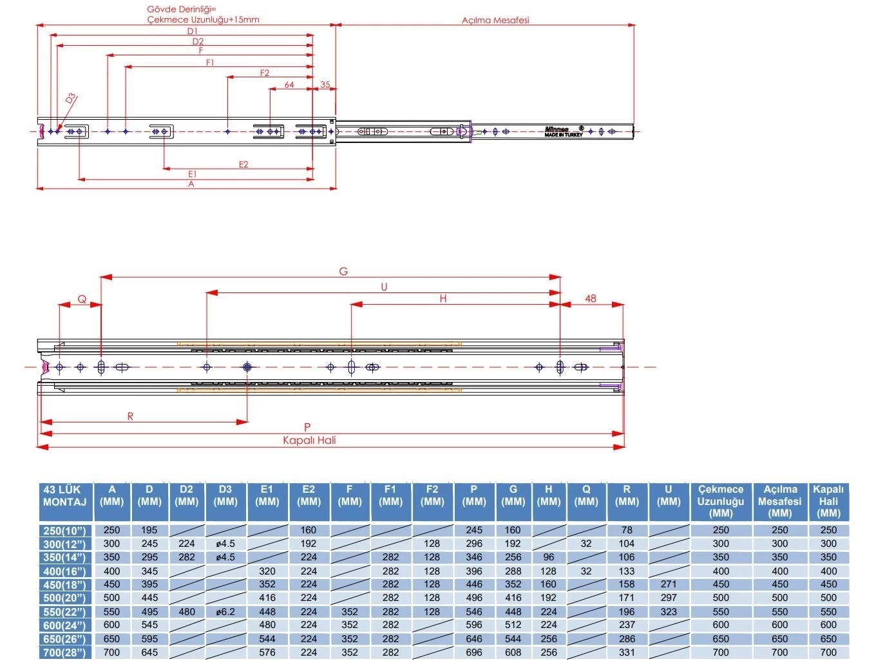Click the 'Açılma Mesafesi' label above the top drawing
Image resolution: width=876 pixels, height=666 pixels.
(495, 20)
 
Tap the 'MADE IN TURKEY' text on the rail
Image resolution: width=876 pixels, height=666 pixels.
(564, 135)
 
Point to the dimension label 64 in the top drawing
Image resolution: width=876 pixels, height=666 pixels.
(289, 84)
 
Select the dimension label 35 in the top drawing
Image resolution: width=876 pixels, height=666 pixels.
(325, 84)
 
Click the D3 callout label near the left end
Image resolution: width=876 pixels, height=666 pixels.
(70, 98)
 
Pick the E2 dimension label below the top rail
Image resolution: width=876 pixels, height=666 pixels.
(243, 164)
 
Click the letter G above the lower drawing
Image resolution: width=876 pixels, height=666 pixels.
(343, 271)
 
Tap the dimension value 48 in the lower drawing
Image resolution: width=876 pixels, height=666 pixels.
(590, 298)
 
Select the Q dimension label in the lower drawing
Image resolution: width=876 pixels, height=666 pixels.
(82, 300)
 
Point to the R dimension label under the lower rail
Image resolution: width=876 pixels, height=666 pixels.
(130, 416)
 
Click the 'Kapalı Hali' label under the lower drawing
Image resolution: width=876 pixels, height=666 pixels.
(309, 440)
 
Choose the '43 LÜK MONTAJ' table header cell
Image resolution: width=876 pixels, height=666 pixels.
(64, 496)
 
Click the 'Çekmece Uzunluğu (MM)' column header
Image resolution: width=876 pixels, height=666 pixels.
(720, 501)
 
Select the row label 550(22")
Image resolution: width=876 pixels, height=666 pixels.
(64, 612)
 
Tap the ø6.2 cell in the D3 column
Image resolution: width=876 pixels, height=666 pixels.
(225, 612)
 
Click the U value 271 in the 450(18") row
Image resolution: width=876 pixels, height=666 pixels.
(669, 584)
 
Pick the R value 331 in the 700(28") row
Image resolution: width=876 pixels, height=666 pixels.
(627, 652)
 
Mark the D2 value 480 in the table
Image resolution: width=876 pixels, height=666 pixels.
(186, 612)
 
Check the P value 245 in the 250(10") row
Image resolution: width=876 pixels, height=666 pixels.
(473, 530)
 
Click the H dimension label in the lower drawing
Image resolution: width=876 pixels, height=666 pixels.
(443, 298)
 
